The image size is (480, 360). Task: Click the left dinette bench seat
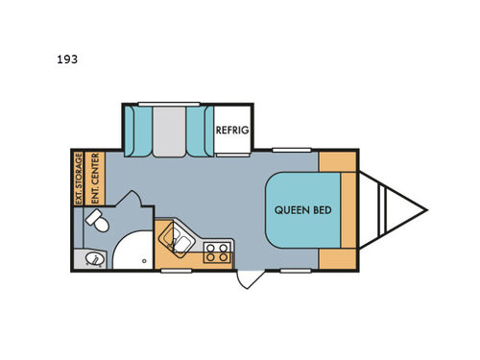pos(139,132)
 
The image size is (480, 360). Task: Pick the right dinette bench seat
pos(198,132)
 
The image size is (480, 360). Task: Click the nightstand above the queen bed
pos(337,160)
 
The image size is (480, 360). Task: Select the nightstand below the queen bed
pos(337,257)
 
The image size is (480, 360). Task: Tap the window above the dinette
pos(168,103)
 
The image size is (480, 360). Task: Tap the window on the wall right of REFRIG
pos(285,149)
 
